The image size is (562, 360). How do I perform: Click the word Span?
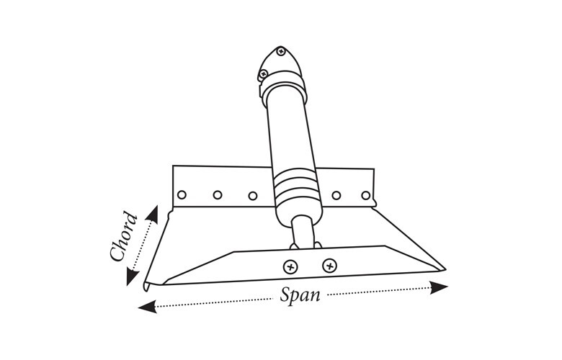300,296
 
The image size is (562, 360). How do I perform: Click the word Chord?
124,237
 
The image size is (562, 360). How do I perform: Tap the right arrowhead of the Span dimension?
439,287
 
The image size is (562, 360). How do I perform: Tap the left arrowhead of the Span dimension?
147,307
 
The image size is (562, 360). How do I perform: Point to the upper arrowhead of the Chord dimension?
153,215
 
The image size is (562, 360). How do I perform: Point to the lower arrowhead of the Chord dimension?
132,277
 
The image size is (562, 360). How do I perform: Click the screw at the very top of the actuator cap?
281,51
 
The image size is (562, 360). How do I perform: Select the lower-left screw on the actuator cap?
264,74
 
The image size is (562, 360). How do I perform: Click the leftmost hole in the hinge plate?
182,194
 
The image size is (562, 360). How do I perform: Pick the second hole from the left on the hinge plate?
218,195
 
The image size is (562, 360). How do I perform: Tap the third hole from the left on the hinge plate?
253,196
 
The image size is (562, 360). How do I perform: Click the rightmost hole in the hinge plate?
365,196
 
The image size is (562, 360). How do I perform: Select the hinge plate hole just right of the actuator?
336,196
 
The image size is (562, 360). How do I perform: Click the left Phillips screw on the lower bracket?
290,267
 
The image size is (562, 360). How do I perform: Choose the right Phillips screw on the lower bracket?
330,266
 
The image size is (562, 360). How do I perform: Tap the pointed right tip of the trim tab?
445,269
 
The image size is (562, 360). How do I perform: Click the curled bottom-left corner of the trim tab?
147,287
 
